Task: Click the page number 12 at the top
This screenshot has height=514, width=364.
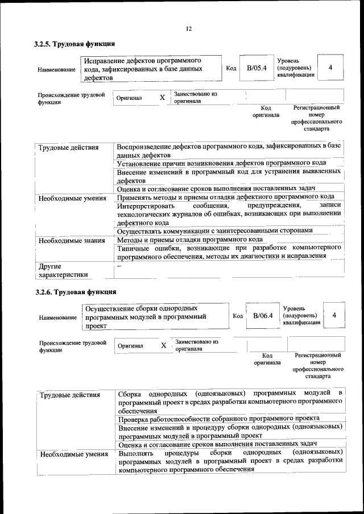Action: [x=189, y=29]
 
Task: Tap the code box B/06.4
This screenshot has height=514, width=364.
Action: [x=263, y=316]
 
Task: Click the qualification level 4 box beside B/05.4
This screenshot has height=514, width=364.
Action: [x=330, y=68]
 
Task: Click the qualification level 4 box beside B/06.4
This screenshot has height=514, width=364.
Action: [x=334, y=315]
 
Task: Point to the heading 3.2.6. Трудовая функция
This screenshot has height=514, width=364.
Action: [x=75, y=292]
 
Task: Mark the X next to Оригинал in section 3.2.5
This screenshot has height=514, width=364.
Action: [x=162, y=98]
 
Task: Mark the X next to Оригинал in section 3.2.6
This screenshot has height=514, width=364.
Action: [x=164, y=345]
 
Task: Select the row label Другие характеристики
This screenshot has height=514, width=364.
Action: [x=63, y=270]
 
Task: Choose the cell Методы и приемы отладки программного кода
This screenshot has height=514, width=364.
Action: [x=189, y=240]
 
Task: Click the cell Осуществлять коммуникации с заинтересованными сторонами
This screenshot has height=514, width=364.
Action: [x=214, y=231]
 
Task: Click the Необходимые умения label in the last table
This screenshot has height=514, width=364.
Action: [x=73, y=454]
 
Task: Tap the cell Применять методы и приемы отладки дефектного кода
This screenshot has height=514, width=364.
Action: [x=225, y=197]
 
